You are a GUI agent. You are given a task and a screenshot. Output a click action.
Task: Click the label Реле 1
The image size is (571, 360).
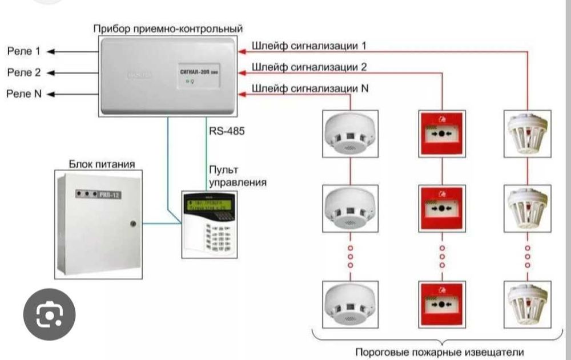coord(23,52)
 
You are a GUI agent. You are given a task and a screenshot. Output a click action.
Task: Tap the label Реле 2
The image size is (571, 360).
coord(23,73)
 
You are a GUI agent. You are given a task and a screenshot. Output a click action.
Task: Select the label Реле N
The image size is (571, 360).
coord(24,94)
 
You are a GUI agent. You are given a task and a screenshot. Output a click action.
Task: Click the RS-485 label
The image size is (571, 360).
coord(227,132)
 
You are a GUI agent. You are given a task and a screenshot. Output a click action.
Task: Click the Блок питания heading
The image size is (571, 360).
coord(102,164)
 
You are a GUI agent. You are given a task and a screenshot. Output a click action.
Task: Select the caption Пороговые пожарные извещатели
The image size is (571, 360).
coord(439,351)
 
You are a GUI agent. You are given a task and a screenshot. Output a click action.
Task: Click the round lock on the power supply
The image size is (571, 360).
coord(133,224)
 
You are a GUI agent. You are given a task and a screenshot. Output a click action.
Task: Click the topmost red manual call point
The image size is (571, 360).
coord(441,131)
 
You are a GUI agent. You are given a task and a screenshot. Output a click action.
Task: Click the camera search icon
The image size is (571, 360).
coord(49,315)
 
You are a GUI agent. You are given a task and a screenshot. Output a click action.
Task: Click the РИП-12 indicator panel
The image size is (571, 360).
coord(99,195)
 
